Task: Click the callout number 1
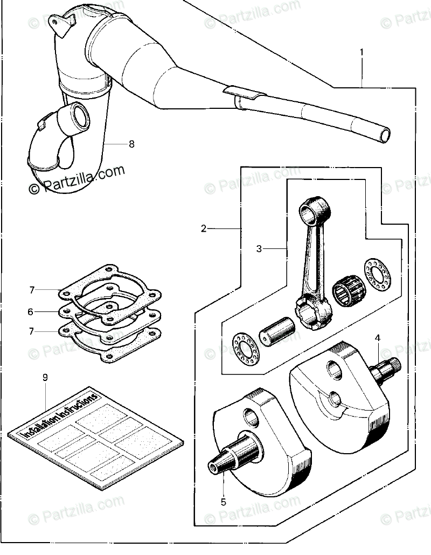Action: click(362, 52)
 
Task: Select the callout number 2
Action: click(204, 228)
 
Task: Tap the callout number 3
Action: click(259, 249)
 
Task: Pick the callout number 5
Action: click(223, 502)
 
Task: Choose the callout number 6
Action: click(31, 311)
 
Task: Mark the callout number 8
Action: click(131, 144)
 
